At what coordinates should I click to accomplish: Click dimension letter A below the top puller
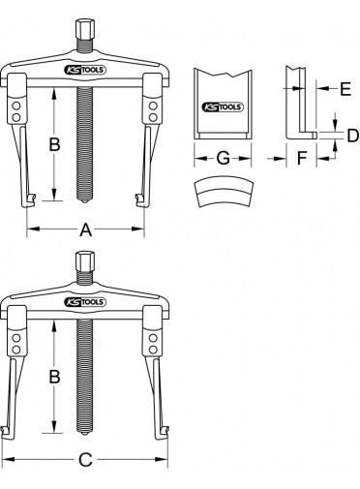(85, 229)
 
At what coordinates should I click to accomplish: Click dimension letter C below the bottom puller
(85, 460)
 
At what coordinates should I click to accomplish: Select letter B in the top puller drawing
(54, 144)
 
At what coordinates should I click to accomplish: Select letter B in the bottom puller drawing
(54, 376)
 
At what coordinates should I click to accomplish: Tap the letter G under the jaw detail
(223, 158)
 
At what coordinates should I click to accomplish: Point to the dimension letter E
(345, 88)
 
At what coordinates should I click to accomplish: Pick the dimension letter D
(353, 136)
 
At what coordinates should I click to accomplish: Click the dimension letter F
(302, 158)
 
